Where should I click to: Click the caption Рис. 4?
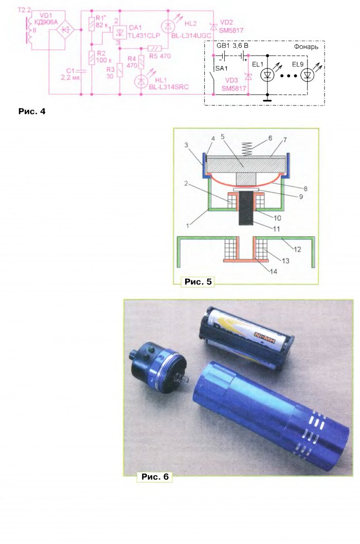click(x=32, y=112)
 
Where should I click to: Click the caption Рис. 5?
click(x=197, y=282)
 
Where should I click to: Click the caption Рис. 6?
click(x=155, y=477)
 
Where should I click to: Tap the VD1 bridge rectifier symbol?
click(x=64, y=30)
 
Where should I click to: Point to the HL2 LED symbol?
click(x=168, y=27)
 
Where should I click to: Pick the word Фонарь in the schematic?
click(x=306, y=47)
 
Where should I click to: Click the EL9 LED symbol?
click(x=307, y=75)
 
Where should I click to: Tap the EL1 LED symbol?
click(x=267, y=75)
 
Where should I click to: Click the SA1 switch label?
click(x=221, y=68)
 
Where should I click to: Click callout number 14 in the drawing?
click(x=273, y=272)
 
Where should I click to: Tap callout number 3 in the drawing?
click(x=186, y=145)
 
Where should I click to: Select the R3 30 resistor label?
click(x=110, y=73)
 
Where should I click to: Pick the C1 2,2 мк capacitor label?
click(x=70, y=75)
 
